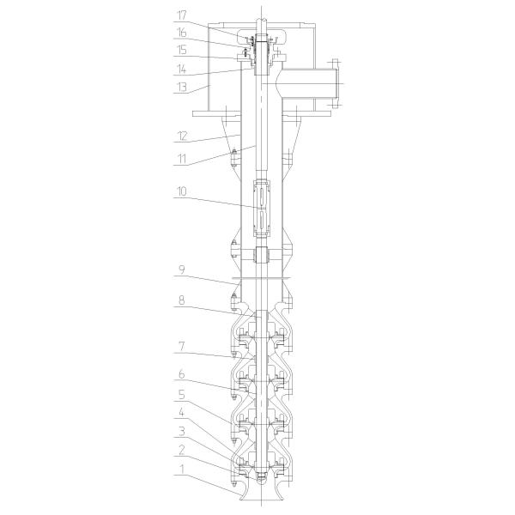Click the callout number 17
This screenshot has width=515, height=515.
182,15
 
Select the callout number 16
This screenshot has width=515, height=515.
182,33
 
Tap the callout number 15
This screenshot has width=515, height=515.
182,51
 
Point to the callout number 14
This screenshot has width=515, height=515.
182,70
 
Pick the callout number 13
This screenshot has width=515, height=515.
182,87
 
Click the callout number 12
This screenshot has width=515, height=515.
182,136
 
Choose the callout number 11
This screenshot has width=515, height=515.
182,159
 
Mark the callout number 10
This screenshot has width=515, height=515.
182,191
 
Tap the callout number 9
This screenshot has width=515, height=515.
182,270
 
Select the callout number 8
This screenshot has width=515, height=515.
182,300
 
